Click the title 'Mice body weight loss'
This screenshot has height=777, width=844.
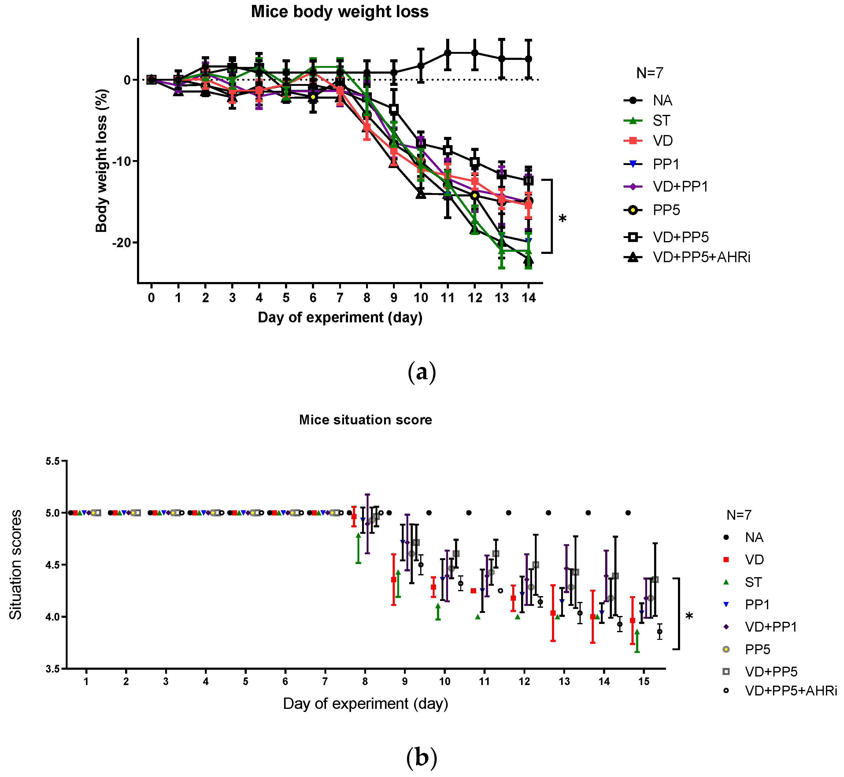coord(339,12)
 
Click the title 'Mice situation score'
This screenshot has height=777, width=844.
coord(365,420)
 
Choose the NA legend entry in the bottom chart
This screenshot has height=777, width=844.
coord(753,537)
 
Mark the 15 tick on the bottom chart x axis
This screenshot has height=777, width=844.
coord(644,682)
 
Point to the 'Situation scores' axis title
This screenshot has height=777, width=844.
coord(16,565)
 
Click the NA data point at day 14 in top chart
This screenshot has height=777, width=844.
coord(528,59)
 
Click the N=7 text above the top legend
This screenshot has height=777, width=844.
coord(650,73)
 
